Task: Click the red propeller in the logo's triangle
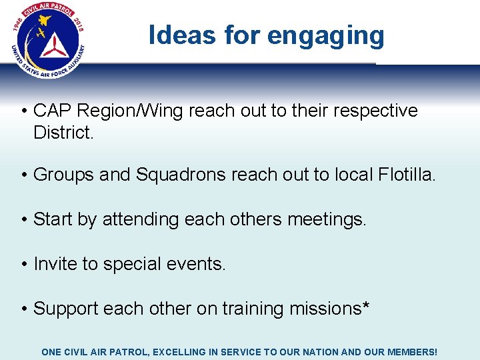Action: click(50, 45)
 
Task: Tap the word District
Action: click(63, 133)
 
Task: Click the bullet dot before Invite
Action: click(23, 265)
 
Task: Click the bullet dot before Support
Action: click(23, 309)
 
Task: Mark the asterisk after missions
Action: click(367, 307)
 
